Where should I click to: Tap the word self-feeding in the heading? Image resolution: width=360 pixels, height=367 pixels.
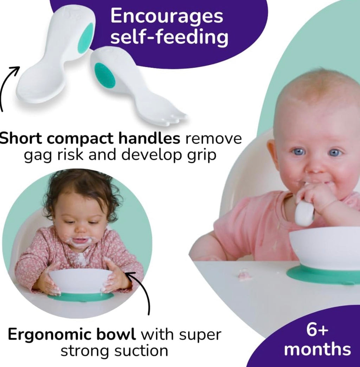[169, 38]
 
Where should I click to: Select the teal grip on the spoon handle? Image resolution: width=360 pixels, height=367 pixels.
[85, 38]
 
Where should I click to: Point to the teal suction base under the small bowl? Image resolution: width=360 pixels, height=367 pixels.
[81, 297]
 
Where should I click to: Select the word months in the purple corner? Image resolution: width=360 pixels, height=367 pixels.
[317, 349]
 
